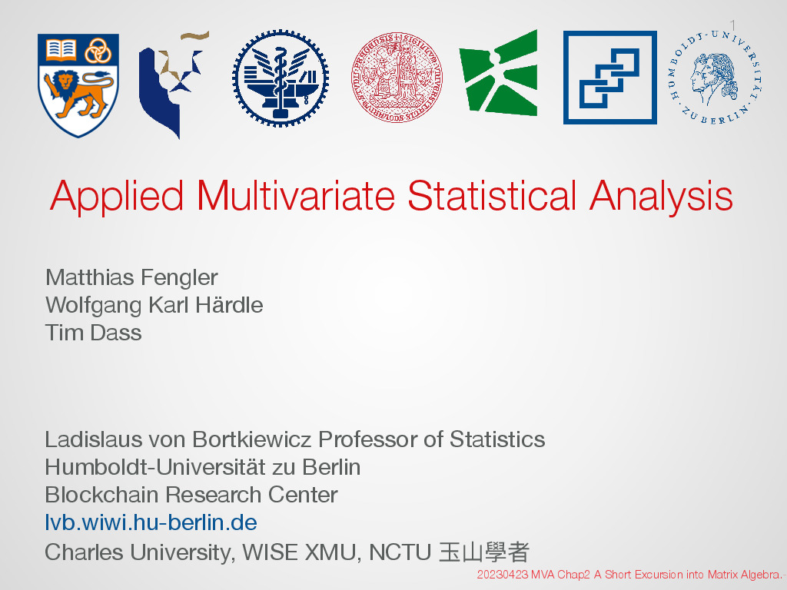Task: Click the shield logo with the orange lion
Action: pos(78,85)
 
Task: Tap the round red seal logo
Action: pos(397,78)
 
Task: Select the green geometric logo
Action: pos(498,73)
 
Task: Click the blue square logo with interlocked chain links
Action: pos(609,78)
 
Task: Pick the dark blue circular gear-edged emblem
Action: pos(281,78)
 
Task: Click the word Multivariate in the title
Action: pos(296,196)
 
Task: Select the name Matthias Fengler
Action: pos(131,277)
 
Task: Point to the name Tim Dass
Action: pos(93,333)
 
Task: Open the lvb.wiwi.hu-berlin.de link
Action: pos(151,522)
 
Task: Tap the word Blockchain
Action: pos(102,495)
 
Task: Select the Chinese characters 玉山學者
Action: pos(484,552)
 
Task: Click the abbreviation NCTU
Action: pos(400,552)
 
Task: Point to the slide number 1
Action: pos(732,25)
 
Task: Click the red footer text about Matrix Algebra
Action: pos(631,575)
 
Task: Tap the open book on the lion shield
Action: pos(61,50)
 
